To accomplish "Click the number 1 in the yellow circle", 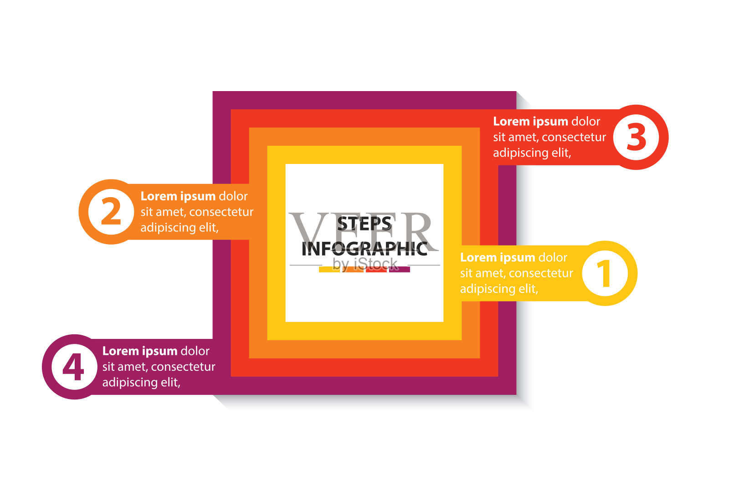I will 604,273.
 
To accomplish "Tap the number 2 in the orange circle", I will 111,212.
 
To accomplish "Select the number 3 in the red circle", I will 637,137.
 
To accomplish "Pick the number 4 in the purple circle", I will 73,367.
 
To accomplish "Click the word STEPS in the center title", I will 364,224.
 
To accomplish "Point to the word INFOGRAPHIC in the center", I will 364,249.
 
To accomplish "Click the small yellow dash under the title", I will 329,270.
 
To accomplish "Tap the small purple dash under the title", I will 400,270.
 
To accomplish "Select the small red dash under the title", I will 376,270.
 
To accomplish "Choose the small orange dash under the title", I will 353,270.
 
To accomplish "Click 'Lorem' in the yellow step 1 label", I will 478,258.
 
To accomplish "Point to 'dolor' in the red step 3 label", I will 585,122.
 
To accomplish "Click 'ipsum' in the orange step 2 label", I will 198,197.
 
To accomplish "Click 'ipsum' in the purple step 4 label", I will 159,352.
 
